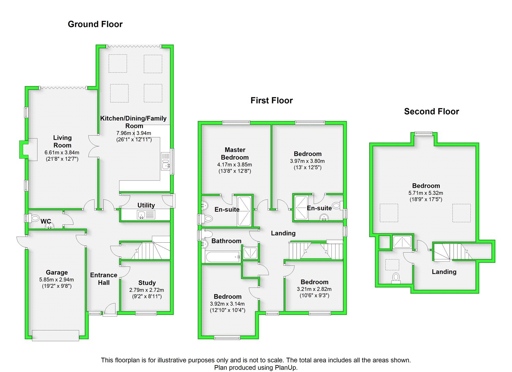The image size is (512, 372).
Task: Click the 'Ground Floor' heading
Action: pos(95,24)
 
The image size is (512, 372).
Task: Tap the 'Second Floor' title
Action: pos(431,112)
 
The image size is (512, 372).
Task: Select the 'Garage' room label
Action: pos(57,272)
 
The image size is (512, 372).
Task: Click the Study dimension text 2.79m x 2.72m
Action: pos(146,290)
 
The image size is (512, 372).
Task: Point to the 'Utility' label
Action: pos(146,205)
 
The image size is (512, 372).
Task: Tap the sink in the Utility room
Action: pos(142,215)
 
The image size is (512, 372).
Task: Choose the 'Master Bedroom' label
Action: pos(235,154)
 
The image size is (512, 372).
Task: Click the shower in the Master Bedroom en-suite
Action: pos(244,211)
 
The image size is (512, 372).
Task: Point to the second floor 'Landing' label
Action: pos(444,272)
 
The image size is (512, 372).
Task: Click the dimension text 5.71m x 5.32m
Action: pos(426,193)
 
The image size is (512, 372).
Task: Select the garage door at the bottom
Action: pos(55,335)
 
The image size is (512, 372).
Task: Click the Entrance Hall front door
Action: pos(110,311)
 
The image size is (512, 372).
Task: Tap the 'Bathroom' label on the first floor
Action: pos(226,241)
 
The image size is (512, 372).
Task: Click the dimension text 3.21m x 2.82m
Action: pos(314,289)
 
